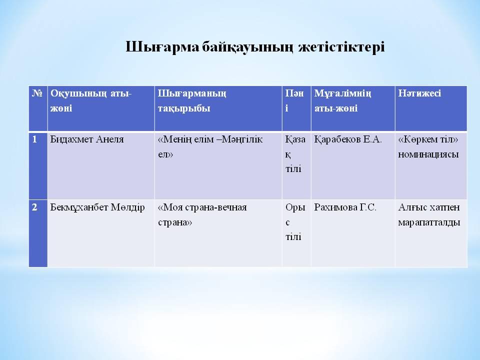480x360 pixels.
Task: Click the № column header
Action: coord(36,93)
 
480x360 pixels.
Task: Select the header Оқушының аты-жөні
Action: coord(90,100)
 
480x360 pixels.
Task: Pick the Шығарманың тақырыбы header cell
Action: coord(192,100)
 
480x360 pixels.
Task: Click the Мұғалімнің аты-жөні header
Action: coord(345,100)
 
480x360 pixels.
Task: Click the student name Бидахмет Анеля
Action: coord(87,139)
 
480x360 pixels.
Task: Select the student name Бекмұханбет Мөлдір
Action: coord(97,207)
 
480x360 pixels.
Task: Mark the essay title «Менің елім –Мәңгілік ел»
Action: coord(210,146)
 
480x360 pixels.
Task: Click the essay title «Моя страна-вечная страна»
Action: coord(202,214)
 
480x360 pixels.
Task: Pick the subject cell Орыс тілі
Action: coord(295,222)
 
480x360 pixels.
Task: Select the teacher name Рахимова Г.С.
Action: coord(345,207)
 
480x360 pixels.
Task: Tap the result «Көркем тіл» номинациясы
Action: coord(429,146)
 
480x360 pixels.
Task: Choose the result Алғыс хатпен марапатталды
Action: coord(429,214)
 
